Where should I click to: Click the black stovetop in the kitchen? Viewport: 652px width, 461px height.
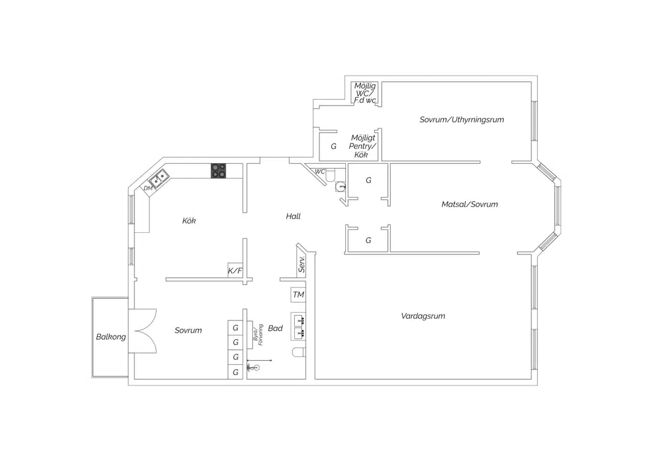[219, 170]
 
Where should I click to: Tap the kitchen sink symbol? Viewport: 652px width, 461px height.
[159, 178]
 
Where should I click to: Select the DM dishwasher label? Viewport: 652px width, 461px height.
[148, 188]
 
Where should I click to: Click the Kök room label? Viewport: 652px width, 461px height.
[189, 221]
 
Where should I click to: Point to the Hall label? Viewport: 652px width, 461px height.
[293, 216]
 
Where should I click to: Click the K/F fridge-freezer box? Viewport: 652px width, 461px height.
[235, 271]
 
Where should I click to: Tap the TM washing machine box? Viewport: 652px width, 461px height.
[298, 295]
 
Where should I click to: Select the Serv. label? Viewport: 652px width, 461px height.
[302, 264]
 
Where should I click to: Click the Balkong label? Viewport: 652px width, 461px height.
[110, 337]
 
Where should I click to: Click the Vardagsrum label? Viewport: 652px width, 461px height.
[423, 316]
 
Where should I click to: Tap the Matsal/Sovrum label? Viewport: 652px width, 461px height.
[469, 204]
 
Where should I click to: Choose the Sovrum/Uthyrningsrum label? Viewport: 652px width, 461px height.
[462, 119]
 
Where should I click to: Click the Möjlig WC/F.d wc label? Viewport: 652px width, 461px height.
[365, 93]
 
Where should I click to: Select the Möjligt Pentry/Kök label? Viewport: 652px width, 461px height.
[362, 146]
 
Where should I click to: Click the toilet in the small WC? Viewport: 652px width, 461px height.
[330, 175]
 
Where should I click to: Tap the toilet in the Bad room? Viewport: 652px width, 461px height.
[299, 352]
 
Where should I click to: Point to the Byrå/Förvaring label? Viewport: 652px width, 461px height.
[258, 334]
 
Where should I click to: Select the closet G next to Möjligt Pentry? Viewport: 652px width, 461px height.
[333, 146]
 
